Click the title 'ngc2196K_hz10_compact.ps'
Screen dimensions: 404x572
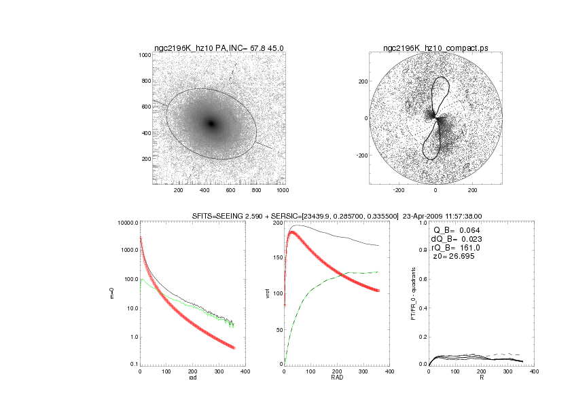435,48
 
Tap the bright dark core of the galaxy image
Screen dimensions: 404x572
211,124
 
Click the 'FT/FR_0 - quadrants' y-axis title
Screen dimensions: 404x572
413,293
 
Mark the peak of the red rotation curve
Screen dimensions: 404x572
293,232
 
